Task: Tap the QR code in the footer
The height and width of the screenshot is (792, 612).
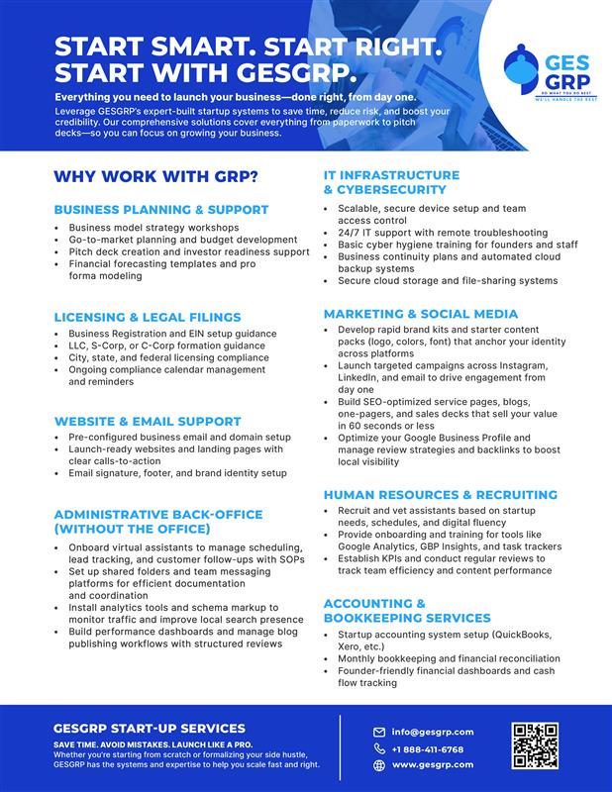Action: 536,746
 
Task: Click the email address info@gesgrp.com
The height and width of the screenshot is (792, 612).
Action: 433,732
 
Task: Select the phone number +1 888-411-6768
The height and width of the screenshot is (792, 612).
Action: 428,748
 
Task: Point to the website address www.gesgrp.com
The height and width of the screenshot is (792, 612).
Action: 433,764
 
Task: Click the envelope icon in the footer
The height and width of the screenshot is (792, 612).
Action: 379,732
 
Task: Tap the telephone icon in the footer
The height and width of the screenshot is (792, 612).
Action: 379,748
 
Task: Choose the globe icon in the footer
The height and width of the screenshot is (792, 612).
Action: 379,764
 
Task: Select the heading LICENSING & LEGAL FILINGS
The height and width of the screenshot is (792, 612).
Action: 148,317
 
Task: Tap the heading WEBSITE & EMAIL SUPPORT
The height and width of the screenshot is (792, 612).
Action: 148,420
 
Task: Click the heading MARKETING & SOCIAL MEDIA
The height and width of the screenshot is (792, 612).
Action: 421,314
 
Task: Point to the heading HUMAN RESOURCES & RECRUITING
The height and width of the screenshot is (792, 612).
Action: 441,494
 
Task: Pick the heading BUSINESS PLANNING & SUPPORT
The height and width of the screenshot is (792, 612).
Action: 160,210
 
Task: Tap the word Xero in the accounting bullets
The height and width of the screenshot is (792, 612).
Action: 349,645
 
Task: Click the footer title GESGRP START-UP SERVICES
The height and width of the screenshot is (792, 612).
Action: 150,729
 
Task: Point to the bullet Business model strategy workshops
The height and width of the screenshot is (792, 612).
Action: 153,228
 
